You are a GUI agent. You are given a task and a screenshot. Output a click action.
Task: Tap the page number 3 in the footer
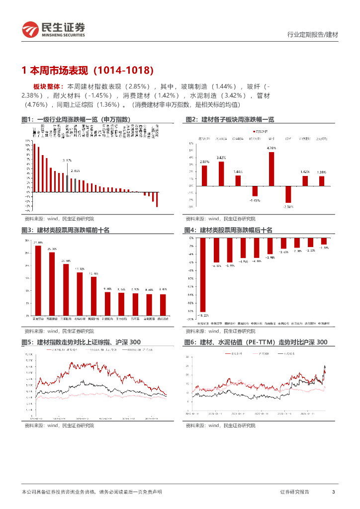(x=333, y=492)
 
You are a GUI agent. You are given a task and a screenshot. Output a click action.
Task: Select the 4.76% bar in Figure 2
(x=271, y=169)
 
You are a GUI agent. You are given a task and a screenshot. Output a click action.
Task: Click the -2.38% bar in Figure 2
(x=288, y=194)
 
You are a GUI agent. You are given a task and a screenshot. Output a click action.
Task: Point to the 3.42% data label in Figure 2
(x=221, y=158)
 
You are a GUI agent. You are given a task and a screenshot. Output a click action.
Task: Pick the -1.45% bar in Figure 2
(x=255, y=191)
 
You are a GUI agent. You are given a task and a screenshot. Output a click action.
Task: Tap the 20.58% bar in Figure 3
(x=66, y=289)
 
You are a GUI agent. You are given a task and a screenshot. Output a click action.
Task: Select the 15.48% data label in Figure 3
(x=93, y=273)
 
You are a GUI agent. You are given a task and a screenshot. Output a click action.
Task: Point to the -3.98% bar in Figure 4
(x=270, y=246)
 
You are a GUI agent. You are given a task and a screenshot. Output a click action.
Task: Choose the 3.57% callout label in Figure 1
(x=67, y=161)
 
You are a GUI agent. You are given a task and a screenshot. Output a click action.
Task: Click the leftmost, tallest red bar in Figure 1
(x=34, y=168)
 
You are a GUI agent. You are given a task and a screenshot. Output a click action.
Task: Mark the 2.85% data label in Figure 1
(x=75, y=170)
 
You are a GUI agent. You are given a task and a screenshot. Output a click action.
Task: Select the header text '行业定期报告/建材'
(x=313, y=35)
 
